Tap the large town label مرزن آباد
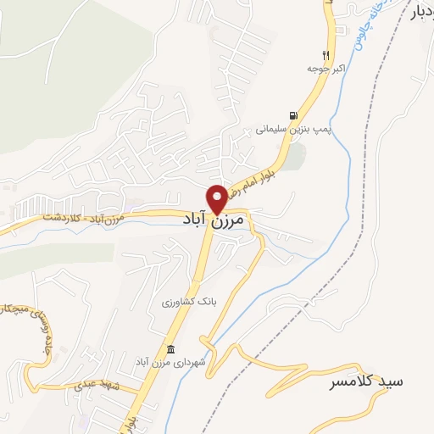[x=213, y=220]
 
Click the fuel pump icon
[x=293, y=116]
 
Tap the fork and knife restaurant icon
[x=325, y=49]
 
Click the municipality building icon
[x=170, y=349]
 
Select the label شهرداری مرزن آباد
[x=170, y=363]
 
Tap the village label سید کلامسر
[x=366, y=383]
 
